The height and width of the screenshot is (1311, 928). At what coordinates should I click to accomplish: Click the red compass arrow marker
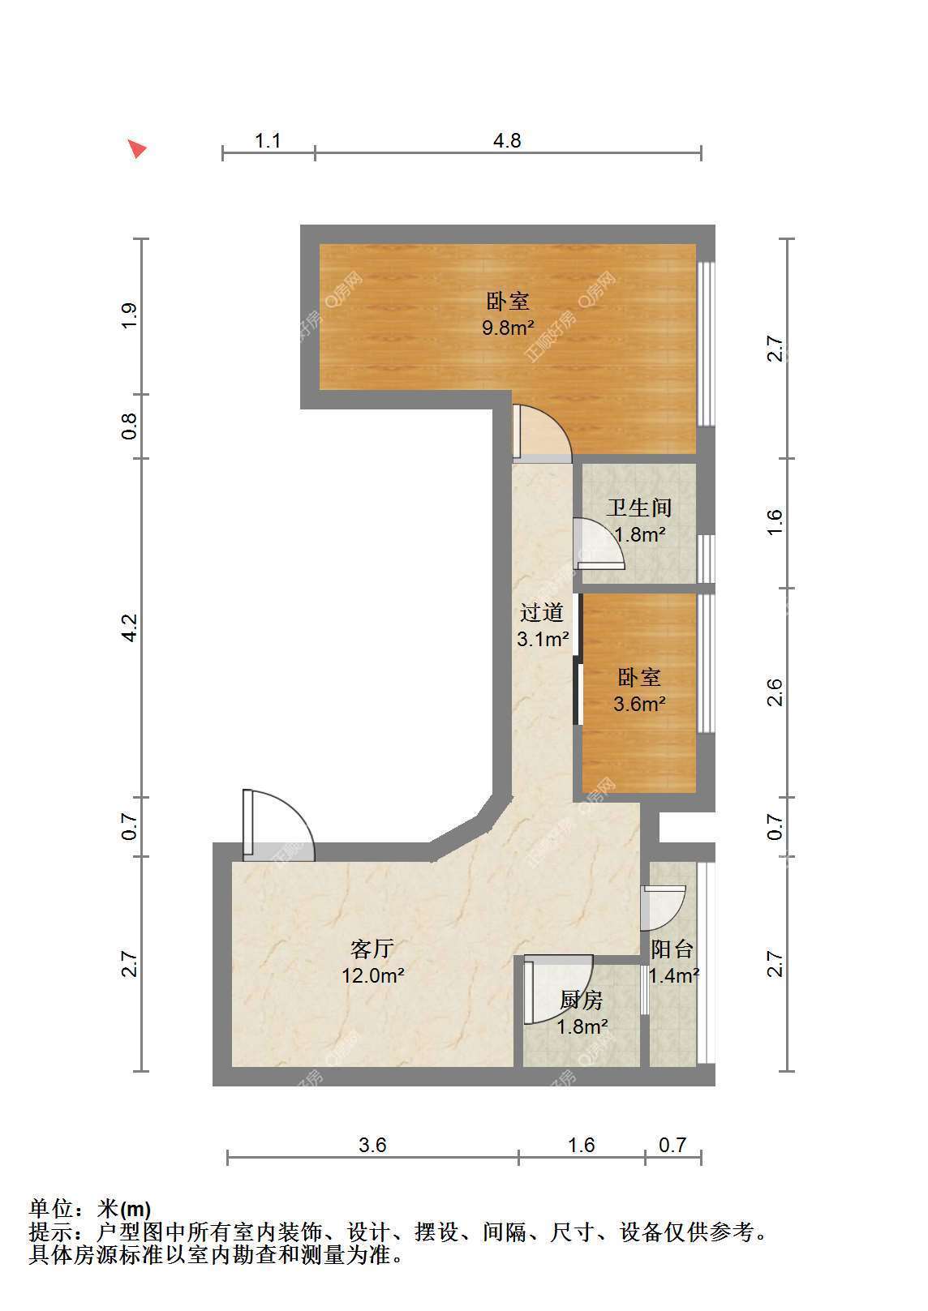click(138, 148)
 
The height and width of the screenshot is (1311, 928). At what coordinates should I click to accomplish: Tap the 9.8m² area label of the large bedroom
click(508, 328)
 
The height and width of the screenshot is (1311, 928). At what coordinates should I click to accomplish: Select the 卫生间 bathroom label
click(638, 508)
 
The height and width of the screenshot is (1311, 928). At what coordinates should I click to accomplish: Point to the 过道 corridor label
click(542, 612)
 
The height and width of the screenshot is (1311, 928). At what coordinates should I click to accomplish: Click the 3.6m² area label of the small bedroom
click(639, 703)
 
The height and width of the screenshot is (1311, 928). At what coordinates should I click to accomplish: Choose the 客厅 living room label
click(372, 949)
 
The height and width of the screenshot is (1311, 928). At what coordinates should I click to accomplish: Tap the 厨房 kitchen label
click(582, 1000)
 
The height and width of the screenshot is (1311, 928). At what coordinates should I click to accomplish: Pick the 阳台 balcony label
click(672, 949)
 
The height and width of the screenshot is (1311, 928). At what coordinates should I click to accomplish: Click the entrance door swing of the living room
click(278, 825)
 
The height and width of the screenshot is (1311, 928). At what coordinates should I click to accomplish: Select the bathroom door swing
click(599, 544)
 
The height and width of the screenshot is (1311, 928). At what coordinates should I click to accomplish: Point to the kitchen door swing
click(558, 989)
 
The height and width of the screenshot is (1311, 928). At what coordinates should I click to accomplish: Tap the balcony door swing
click(663, 908)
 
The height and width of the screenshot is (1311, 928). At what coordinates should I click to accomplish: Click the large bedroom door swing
click(542, 432)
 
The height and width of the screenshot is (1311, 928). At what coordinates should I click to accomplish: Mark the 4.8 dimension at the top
click(507, 141)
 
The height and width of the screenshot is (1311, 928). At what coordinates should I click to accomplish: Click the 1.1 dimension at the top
click(268, 141)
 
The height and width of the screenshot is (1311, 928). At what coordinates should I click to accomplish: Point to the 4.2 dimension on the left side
click(130, 628)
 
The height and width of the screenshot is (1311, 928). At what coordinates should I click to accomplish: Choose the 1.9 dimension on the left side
click(130, 315)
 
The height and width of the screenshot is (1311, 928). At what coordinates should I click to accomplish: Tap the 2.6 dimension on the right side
click(775, 692)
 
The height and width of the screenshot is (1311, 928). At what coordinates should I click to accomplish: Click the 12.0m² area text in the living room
click(373, 975)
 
